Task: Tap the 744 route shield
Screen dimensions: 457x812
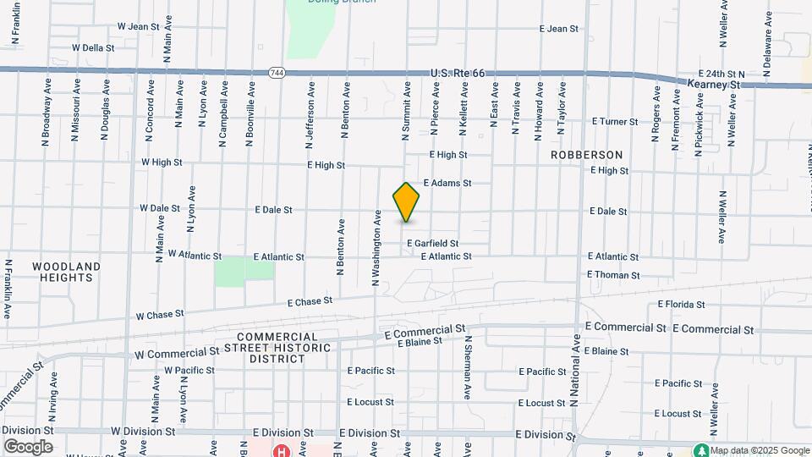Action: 277,74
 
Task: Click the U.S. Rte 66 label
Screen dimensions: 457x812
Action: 457,74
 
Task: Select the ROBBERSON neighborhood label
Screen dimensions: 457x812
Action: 586,155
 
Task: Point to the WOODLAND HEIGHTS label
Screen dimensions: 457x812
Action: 66,272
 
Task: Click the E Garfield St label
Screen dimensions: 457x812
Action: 432,243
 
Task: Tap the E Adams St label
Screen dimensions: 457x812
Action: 447,183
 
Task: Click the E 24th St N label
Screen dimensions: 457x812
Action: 720,74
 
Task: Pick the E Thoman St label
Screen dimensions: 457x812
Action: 613,275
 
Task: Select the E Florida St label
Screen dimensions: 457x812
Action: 681,305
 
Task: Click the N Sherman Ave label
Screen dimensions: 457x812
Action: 466,367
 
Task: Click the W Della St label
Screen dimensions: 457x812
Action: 93,48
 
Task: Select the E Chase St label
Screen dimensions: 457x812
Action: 310,301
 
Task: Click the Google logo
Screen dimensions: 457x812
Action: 28,447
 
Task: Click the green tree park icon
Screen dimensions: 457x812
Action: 700,450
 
